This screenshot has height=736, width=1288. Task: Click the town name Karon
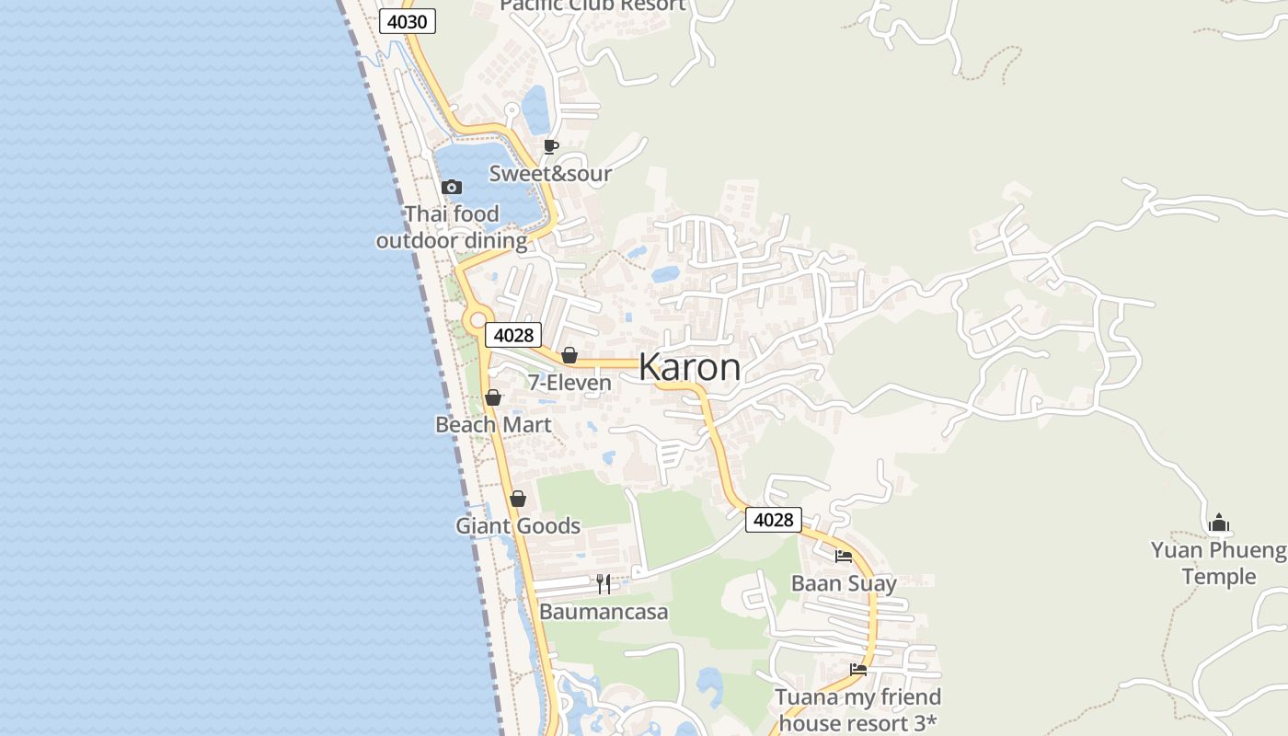point(689,367)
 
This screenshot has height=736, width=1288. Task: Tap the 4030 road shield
point(408,21)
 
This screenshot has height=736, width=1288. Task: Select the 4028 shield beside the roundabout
point(513,335)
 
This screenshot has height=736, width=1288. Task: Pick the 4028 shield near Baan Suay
point(773,520)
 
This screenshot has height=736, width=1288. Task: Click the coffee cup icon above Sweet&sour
point(550,147)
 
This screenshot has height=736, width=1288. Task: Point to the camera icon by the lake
point(451,188)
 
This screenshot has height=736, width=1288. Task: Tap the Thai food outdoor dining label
point(452,227)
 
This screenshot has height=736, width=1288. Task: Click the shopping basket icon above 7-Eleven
point(569,355)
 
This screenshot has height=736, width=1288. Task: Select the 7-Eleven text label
point(569,383)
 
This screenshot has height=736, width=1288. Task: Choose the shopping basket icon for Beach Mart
point(493,397)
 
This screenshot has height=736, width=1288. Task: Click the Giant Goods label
point(518,526)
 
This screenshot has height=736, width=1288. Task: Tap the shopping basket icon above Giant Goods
point(518,499)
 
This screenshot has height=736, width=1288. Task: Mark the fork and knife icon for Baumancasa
point(604,583)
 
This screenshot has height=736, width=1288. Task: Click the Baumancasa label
point(604,612)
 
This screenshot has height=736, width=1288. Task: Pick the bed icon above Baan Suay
point(844,556)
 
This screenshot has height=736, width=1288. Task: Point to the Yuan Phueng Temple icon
point(1219,523)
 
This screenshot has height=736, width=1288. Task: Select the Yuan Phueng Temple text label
point(1218,563)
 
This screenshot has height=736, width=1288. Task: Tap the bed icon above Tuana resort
point(858,670)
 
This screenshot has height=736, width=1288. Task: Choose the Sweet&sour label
point(550,174)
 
